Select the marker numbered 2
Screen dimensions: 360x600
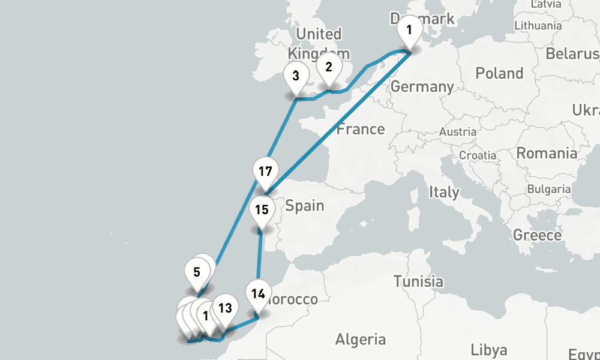(x=329, y=67)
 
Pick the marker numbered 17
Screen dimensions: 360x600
(x=265, y=172)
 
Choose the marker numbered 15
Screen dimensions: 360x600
(x=262, y=210)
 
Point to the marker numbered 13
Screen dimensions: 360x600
(x=225, y=308)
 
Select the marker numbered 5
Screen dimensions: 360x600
(x=197, y=272)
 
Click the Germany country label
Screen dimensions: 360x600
(x=422, y=86)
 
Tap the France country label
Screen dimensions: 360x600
(x=361, y=129)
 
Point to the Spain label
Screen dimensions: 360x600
(x=304, y=206)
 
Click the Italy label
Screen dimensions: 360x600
(x=443, y=193)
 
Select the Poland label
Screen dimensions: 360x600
(x=499, y=73)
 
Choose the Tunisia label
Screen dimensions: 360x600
(x=418, y=281)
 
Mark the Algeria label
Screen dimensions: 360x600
(x=360, y=340)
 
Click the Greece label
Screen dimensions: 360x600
(x=537, y=235)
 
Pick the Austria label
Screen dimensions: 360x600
(x=458, y=131)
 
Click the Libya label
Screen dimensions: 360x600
(x=488, y=349)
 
